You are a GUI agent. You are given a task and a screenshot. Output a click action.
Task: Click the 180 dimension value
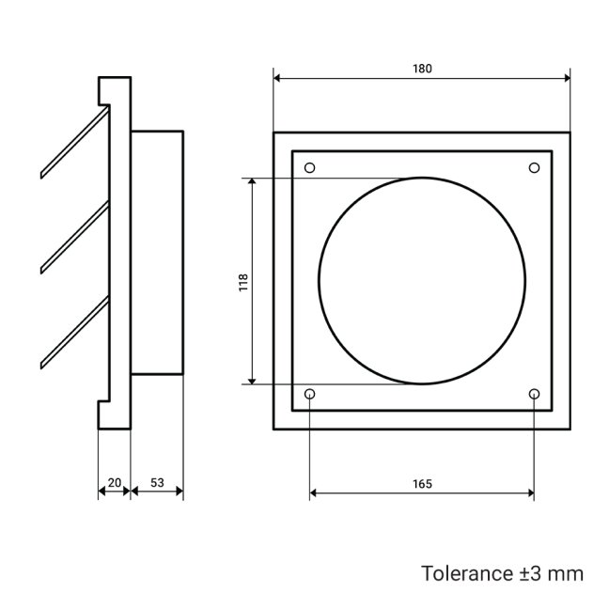point(421,69)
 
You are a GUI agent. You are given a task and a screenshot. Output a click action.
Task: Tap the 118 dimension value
point(243,281)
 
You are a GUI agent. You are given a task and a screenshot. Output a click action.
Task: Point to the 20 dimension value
point(114,482)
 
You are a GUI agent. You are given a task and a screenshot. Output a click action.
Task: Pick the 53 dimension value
point(156,482)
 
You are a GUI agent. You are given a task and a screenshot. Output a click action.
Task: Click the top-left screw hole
point(310,168)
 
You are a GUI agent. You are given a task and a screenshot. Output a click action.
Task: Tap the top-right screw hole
point(534,168)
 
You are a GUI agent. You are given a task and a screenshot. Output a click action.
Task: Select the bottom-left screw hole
point(310,393)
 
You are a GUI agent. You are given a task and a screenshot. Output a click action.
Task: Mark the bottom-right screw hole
point(534,393)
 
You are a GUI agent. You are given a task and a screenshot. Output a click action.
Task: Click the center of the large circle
point(422,281)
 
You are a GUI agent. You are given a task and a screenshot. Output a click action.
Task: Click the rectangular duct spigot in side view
point(157,253)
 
